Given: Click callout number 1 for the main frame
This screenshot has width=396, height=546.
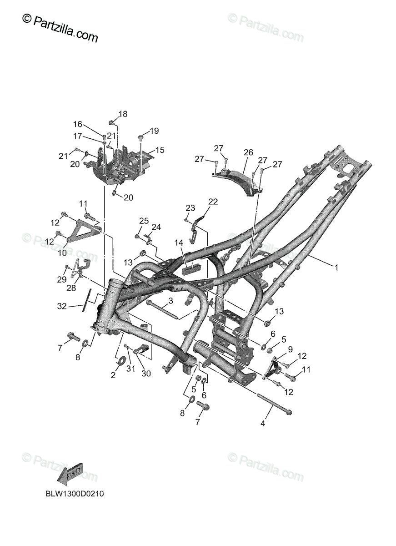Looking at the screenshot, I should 336,268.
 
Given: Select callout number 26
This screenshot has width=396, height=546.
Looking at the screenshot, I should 248,153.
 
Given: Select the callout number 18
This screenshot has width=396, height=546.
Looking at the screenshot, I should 123,114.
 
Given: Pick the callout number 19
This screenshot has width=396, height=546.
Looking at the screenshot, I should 154,131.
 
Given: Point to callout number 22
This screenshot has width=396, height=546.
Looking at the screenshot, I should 213,202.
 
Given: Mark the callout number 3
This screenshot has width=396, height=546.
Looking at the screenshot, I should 170,301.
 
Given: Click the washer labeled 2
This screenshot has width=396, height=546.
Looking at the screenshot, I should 121,362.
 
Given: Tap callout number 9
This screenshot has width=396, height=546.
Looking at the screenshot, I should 290,349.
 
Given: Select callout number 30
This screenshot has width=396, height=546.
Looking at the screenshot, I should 146,374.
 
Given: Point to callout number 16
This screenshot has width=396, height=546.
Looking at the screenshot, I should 78,124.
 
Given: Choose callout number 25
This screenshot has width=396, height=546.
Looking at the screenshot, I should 144,221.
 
